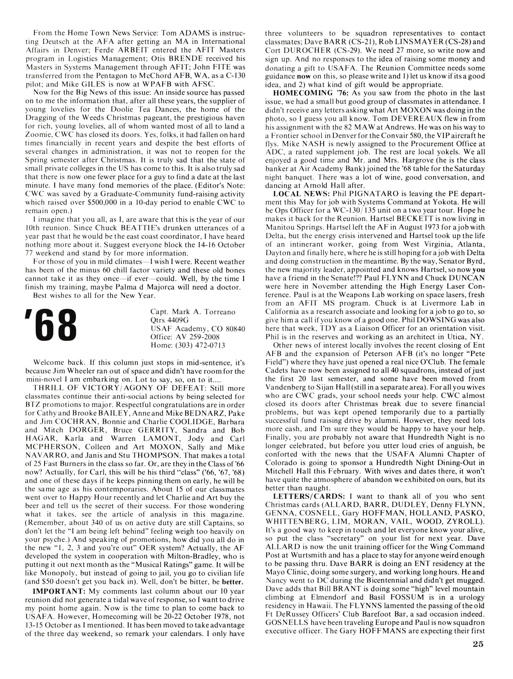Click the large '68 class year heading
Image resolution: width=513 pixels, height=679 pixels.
[51, 328]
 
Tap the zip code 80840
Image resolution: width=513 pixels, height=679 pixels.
[235, 329]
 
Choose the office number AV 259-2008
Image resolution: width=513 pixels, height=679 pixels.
[199, 337]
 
